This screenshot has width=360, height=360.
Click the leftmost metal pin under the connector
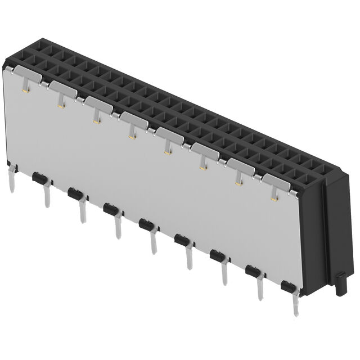click(x=11, y=178)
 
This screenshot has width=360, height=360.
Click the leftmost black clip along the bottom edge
click(x=38, y=178)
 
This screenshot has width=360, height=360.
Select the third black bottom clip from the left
click(x=110, y=209)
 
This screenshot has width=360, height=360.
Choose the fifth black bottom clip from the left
click(x=181, y=240)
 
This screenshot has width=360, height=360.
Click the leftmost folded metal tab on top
click(x=25, y=70)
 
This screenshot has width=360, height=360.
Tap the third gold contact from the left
click(x=96, y=119)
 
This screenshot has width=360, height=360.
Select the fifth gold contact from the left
click(x=167, y=150)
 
